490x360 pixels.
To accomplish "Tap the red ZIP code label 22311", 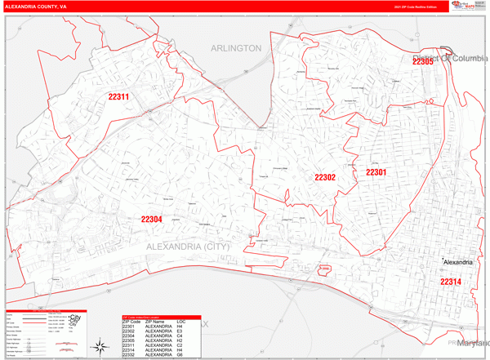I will click(119, 97).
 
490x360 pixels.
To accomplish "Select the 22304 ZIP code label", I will click(151, 220).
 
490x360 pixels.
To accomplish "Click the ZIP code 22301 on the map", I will click(376, 172).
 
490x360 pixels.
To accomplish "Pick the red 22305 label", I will click(422, 61).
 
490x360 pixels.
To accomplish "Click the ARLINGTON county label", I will click(236, 48).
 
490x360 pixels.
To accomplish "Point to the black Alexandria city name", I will click(458, 262).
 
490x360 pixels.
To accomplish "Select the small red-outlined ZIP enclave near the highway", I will click(323, 268).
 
